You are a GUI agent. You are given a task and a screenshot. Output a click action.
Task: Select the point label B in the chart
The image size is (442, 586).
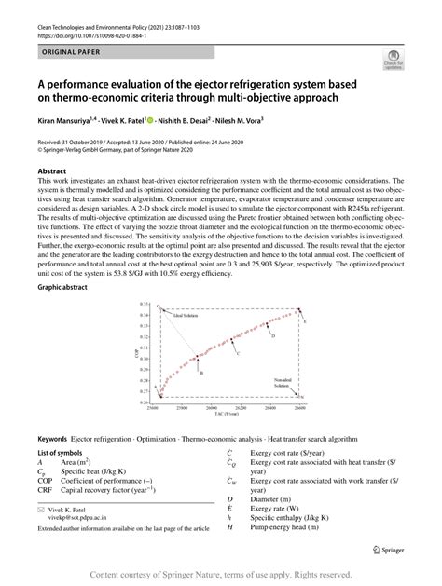[x=202, y=374]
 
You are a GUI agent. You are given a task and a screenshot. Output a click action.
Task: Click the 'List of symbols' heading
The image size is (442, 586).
[x=61, y=451]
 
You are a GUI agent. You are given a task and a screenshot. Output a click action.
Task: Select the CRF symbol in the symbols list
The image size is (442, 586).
[x=45, y=488]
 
